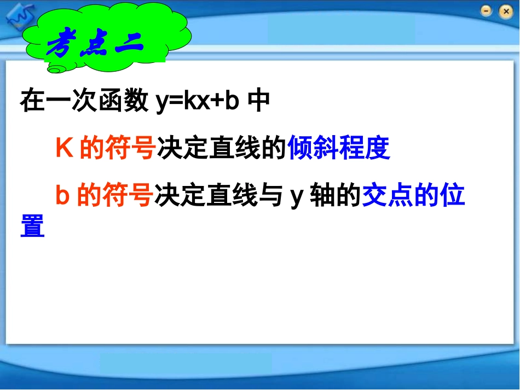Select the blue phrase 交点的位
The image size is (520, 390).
click(413, 196)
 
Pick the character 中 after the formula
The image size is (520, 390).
click(259, 102)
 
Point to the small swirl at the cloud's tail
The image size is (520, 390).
click(55, 68)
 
